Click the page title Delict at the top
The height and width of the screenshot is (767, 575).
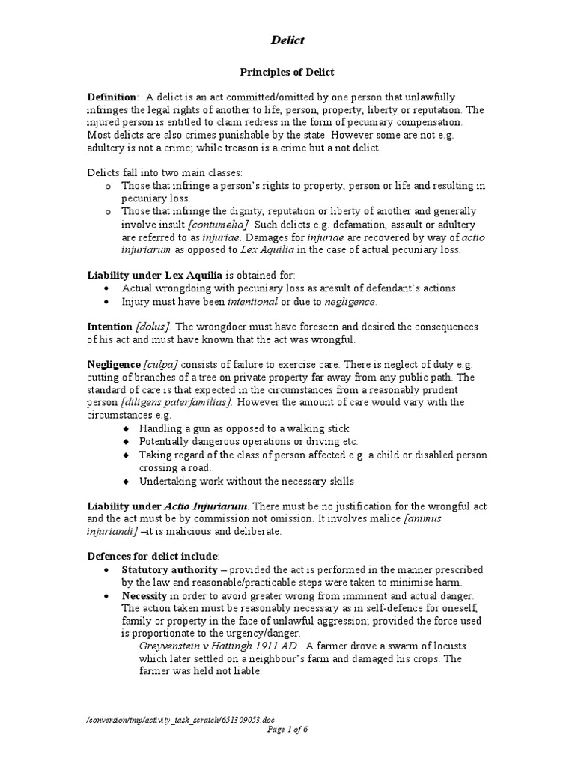click(287, 40)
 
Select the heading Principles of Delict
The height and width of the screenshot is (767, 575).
click(287, 72)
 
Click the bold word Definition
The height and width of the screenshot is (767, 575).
click(112, 97)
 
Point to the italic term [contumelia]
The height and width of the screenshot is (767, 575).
click(219, 225)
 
